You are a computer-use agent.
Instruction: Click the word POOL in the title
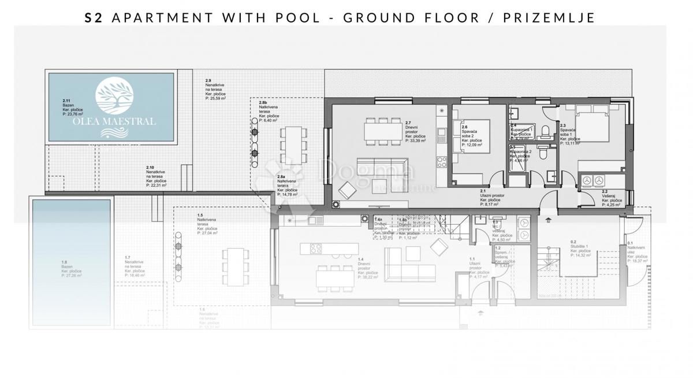tap(296, 17)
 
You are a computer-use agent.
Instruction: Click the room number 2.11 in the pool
tap(66, 100)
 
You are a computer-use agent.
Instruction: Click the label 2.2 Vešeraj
tap(610, 197)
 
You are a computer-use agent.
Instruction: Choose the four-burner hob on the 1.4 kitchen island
tap(316, 249)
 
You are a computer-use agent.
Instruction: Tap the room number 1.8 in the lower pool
tap(64, 262)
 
